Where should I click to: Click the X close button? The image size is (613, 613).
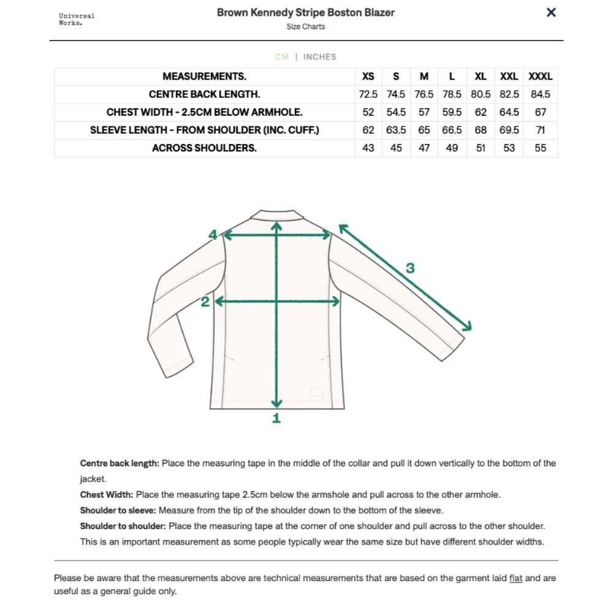[551, 12]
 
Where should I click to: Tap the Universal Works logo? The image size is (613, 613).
[77, 19]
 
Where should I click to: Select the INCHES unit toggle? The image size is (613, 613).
[319, 57]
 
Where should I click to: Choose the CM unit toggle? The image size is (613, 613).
[282, 57]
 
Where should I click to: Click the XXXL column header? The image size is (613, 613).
[540, 77]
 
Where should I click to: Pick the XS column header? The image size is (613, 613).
[368, 77]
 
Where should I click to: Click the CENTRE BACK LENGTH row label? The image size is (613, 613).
[205, 94]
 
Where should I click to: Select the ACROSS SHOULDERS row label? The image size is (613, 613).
[205, 148]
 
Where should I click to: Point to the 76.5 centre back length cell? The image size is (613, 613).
[424, 94]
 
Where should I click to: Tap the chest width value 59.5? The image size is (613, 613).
[452, 112]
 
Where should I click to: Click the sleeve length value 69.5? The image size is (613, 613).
[509, 130]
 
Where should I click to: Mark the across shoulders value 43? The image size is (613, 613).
[368, 148]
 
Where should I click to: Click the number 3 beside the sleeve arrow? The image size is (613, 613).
[410, 268]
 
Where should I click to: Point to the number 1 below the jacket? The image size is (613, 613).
[276, 418]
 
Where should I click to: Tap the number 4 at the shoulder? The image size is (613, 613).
[213, 234]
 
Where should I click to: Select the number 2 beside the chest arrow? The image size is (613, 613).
[205, 302]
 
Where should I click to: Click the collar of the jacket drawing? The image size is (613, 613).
[276, 215]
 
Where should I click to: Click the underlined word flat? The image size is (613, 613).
[516, 578]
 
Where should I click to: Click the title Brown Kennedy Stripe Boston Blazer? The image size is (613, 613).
[305, 12]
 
